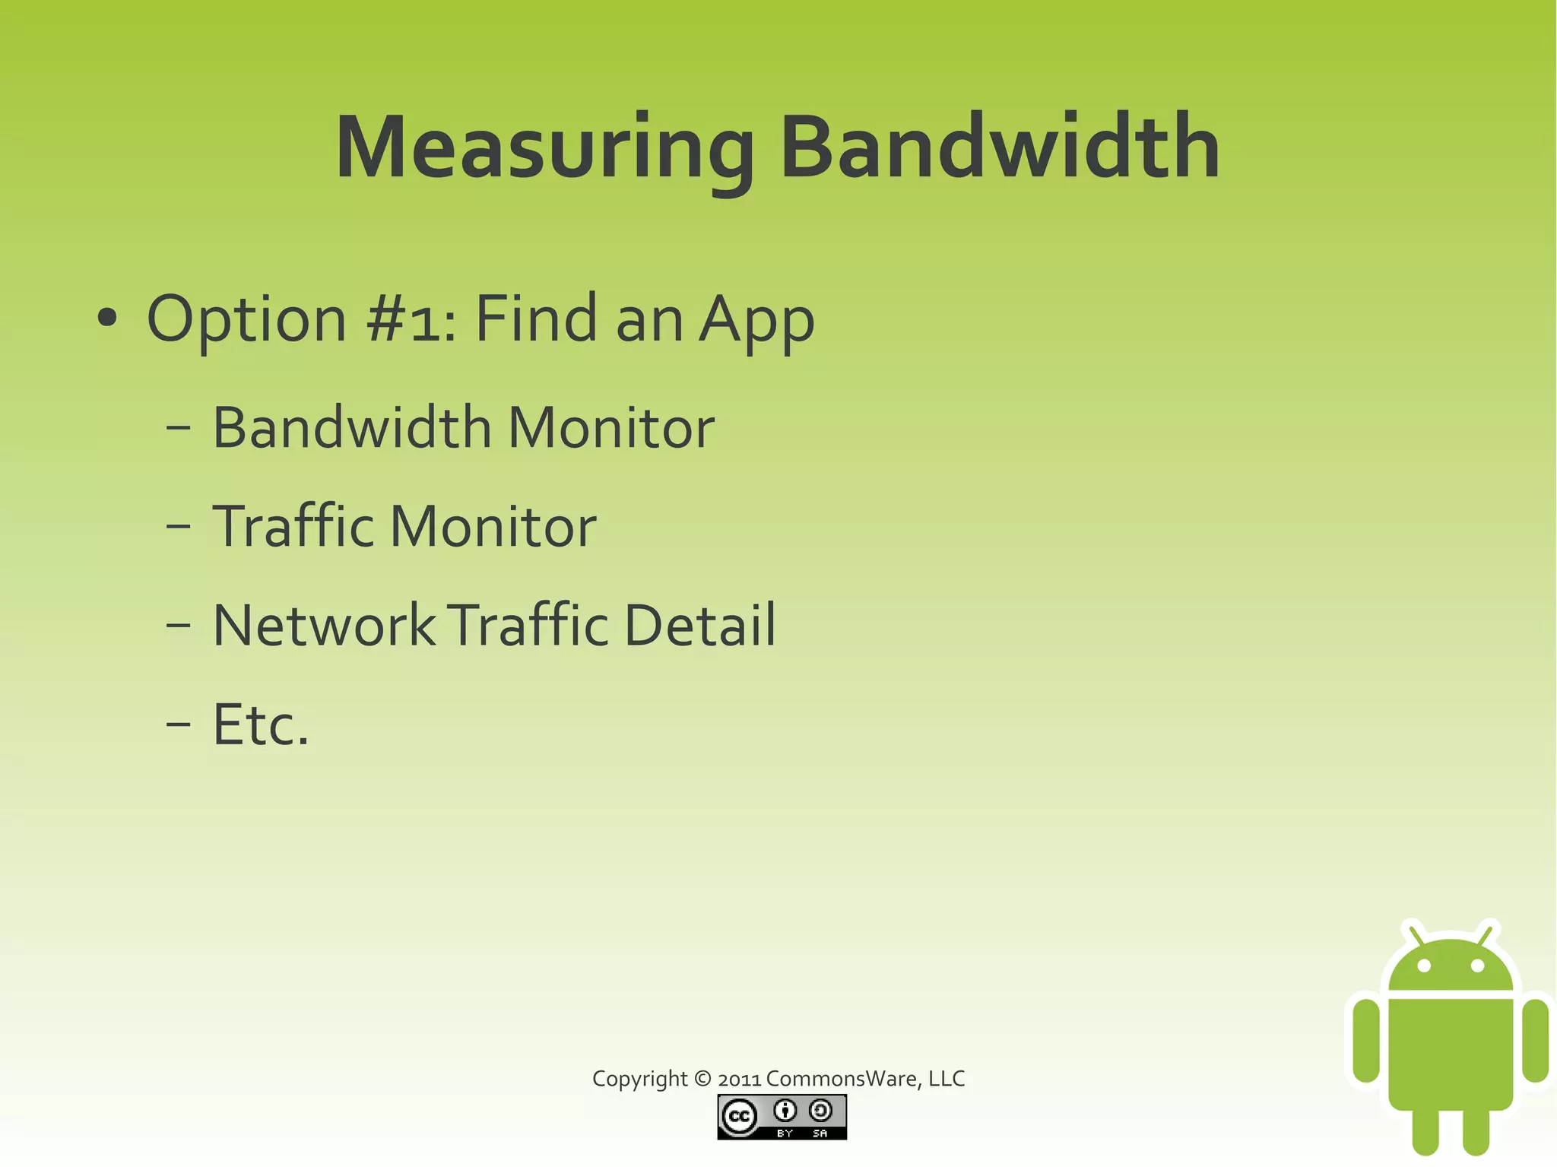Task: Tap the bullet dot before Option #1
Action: (x=107, y=319)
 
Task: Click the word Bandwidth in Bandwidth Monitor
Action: (x=352, y=427)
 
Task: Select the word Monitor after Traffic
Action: (x=493, y=526)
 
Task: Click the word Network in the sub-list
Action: (x=324, y=625)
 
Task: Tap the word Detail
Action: (x=699, y=625)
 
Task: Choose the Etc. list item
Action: (x=261, y=725)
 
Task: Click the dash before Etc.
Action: (x=178, y=725)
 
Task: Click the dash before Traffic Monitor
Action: (x=178, y=526)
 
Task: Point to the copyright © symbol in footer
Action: (x=702, y=1079)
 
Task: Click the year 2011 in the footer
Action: (x=739, y=1079)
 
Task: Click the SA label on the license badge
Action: (x=820, y=1134)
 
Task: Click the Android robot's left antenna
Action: (x=1415, y=934)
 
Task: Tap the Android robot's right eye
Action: (x=1477, y=966)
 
